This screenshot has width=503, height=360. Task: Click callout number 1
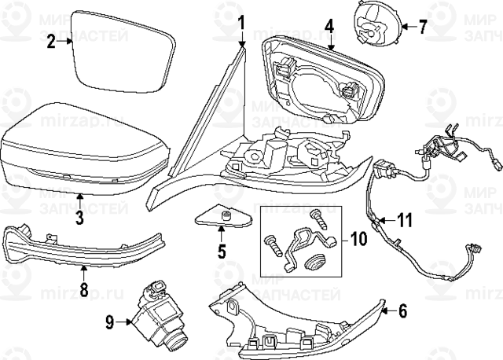tap(242, 21)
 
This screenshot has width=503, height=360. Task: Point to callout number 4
tap(329, 25)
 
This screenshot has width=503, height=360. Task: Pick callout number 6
tap(402, 310)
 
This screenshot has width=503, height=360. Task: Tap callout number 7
tap(421, 27)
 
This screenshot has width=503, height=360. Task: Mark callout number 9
tap(109, 320)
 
